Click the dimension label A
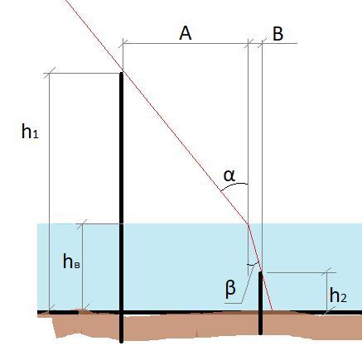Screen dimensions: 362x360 click(186, 33)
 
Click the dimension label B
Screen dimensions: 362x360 click(278, 34)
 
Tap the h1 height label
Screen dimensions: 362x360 click(30, 131)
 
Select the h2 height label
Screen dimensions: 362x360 click(338, 295)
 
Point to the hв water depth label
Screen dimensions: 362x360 click(71, 262)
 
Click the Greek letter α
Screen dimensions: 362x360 click(229, 175)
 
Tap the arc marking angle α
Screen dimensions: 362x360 click(234, 185)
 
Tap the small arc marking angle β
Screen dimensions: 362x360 click(254, 264)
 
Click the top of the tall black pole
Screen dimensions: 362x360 click(121, 73)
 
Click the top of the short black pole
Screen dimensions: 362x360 click(260, 272)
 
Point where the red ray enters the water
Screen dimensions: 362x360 click(248, 223)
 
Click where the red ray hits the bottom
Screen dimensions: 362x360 click(273, 310)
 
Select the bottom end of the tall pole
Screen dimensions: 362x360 click(121, 342)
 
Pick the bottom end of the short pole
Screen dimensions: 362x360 click(260, 334)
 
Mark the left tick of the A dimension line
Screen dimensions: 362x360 click(123, 43)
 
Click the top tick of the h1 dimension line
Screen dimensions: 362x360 click(49, 73)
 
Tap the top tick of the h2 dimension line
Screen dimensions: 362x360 click(327, 272)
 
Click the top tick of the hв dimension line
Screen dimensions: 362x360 click(82, 223)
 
